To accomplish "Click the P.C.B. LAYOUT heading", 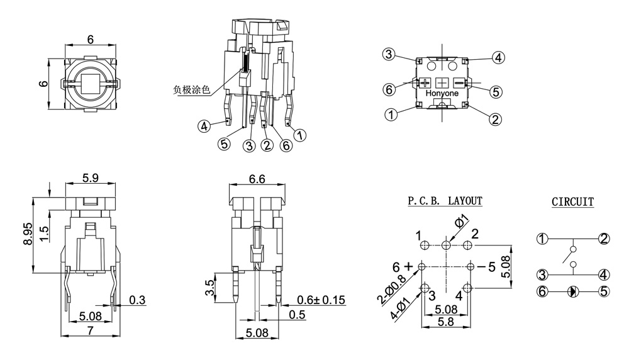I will pos(445,201).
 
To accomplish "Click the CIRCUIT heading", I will pos(572,202).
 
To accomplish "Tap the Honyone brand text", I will pos(442,93).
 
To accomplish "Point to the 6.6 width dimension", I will pos(257,179).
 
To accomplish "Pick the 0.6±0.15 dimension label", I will pos(320,300).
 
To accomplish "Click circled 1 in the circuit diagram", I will pos(542,239).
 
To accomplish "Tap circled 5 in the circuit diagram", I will pos(604,291).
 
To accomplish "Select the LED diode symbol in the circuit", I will pos(572,291).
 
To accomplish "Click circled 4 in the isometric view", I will pos(204,127).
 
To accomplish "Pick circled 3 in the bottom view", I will pos(389,55).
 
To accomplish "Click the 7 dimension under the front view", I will pos(91,330).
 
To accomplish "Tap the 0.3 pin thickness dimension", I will pos(138,300).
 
